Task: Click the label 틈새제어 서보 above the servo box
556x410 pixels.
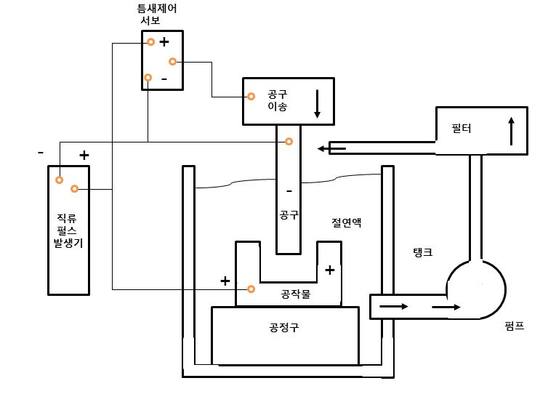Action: (x=157, y=15)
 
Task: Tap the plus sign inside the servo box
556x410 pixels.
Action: (x=164, y=42)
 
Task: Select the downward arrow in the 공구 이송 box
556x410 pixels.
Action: (x=317, y=104)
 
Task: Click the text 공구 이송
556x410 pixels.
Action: (x=278, y=100)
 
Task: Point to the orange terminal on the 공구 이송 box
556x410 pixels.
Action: (x=251, y=96)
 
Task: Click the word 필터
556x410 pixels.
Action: (x=462, y=129)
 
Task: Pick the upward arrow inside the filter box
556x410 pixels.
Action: (x=511, y=131)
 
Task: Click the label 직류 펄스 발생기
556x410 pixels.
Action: (x=68, y=230)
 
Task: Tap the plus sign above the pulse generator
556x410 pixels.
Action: (x=84, y=155)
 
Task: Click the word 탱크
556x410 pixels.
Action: (x=422, y=252)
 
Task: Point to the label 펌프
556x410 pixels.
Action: (x=514, y=327)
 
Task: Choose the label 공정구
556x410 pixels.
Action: (x=283, y=328)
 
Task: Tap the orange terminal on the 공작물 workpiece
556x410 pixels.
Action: (x=251, y=289)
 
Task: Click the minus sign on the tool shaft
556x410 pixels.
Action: (x=289, y=191)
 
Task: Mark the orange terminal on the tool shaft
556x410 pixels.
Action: (x=289, y=141)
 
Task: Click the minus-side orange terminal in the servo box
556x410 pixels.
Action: (x=148, y=78)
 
